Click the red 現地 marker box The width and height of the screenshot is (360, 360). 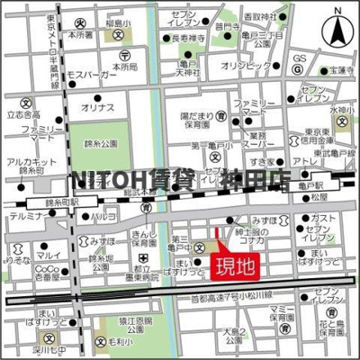tap(229, 265)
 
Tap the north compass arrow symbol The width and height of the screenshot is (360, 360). tap(339, 34)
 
